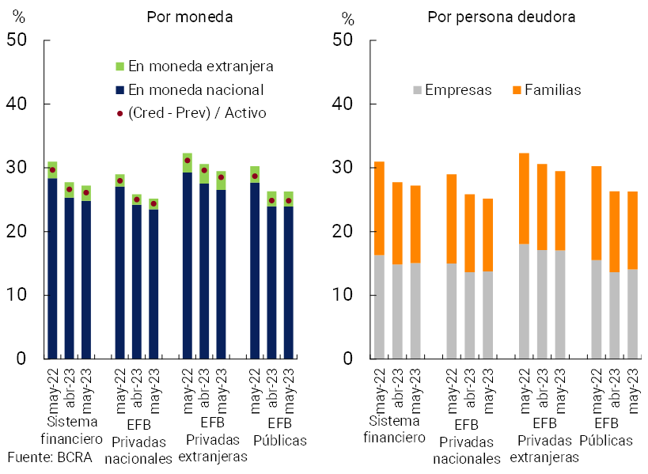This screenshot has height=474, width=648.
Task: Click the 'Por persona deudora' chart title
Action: click(502, 17)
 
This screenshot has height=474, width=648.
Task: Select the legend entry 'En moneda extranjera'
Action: click(200, 66)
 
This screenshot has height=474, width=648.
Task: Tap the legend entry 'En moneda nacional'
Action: click(195, 90)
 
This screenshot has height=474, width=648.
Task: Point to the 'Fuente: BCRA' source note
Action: click(50, 457)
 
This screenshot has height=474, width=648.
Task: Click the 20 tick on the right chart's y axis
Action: click(345, 231)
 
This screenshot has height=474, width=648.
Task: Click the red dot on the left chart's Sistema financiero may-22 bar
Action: click(52, 170)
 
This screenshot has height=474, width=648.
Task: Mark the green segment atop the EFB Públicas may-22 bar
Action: click(255, 174)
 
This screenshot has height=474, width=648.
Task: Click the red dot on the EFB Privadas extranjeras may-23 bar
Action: click(221, 177)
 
